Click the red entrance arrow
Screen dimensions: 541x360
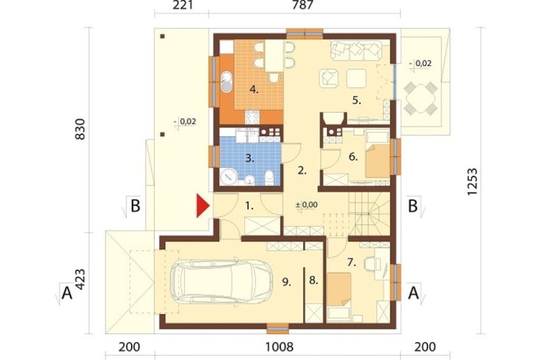click(x=203, y=206)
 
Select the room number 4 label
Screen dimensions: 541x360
click(x=254, y=90)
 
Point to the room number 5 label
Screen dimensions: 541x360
click(x=357, y=101)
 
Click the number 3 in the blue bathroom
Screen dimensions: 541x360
click(x=250, y=158)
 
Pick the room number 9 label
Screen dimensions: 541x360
click(x=286, y=282)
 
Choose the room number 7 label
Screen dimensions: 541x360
click(x=352, y=262)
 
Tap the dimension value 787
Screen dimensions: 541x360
click(x=302, y=5)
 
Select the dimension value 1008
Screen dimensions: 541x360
click(x=279, y=347)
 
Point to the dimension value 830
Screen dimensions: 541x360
click(x=80, y=129)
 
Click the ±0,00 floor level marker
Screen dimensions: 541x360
click(x=306, y=205)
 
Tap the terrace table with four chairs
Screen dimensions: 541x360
click(x=421, y=98)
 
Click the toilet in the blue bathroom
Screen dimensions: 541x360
click(x=269, y=178)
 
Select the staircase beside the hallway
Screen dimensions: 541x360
click(x=368, y=214)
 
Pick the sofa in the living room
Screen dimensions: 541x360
click(x=356, y=50)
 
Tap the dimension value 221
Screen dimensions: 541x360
click(x=182, y=5)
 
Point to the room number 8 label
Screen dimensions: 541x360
click(x=313, y=281)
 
